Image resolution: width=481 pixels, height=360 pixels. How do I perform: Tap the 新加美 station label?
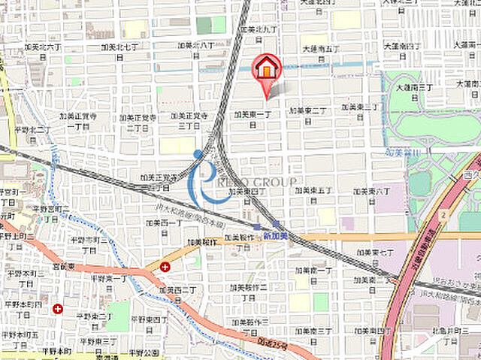click(275, 235)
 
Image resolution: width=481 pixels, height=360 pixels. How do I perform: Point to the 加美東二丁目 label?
click(307, 115)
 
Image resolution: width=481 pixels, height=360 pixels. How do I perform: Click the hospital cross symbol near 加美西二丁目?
click(165, 267)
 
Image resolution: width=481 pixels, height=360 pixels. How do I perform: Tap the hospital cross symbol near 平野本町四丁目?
click(58, 308)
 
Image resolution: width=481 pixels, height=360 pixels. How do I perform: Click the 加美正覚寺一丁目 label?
click(81, 121)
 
